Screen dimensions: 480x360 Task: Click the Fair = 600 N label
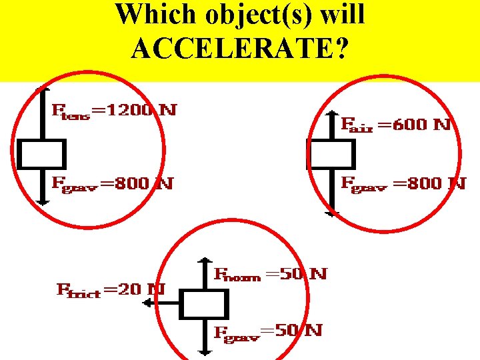pyautogui.click(x=397, y=124)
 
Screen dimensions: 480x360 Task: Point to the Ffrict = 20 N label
pyautogui.click(x=110, y=290)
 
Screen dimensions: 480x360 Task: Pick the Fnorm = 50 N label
pyautogui.click(x=271, y=274)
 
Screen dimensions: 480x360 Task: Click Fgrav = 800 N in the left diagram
pyautogui.click(x=113, y=183)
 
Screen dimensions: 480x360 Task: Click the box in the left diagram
pyautogui.click(x=41, y=154)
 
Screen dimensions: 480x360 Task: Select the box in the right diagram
pyautogui.click(x=331, y=154)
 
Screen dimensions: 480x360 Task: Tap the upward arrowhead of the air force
pyautogui.click(x=331, y=115)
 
